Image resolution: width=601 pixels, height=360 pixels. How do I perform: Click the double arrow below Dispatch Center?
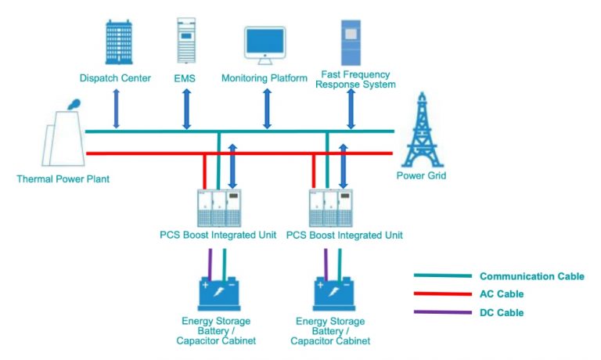point(117,109)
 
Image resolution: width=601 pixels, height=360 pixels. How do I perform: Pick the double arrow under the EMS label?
point(186,109)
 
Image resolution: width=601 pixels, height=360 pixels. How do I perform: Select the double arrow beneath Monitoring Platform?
point(267,109)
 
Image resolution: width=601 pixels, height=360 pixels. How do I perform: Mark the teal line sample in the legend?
point(442,276)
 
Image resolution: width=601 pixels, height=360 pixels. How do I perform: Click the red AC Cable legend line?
point(442,294)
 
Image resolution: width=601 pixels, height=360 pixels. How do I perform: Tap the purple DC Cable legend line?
point(442,313)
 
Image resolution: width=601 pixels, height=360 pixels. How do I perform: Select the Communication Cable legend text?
point(531,276)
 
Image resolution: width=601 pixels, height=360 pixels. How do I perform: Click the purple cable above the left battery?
point(210,261)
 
